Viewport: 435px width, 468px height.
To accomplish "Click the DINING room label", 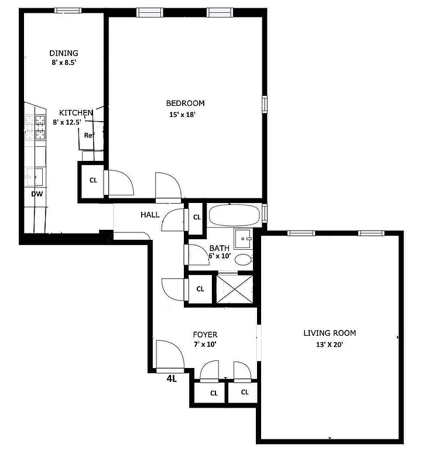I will (x=64, y=53).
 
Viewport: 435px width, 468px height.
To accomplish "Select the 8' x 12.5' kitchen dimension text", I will (x=70, y=122).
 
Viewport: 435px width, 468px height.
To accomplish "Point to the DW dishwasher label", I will (x=36, y=194).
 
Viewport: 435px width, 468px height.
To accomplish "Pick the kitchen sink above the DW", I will (x=33, y=176).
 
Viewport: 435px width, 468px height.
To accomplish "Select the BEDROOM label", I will (x=186, y=104).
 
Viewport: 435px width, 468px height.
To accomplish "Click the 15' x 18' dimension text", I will (x=182, y=115).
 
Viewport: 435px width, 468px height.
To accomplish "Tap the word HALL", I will (x=150, y=215).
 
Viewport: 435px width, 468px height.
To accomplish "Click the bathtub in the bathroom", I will (x=234, y=215).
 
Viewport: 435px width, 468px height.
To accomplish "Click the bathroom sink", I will (x=243, y=238).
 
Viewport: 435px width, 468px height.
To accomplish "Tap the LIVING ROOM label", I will (x=329, y=333).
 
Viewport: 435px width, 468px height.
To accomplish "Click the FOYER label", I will (x=205, y=335).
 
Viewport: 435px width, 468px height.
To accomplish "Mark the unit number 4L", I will (x=172, y=378).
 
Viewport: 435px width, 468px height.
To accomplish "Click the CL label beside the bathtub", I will (x=197, y=218).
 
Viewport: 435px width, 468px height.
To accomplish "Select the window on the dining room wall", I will (x=68, y=10).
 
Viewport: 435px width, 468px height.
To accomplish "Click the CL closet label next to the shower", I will (x=200, y=289).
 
